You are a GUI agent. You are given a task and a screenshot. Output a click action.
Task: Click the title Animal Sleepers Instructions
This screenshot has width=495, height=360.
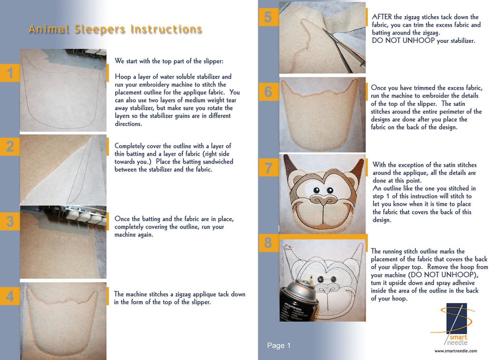coord(115,30)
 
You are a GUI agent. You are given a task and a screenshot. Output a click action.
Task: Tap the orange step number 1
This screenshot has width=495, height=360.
coord(10,73)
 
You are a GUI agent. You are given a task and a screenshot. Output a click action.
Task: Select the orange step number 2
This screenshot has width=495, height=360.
coord(10,146)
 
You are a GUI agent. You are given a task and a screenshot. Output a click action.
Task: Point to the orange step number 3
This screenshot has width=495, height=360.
coord(10,221)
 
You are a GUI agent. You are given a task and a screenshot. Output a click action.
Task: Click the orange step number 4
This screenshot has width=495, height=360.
coord(10,296)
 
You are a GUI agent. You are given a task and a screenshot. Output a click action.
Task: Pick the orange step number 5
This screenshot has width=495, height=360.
coord(268,17)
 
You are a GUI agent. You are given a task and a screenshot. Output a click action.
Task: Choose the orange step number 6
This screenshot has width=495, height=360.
coord(268,92)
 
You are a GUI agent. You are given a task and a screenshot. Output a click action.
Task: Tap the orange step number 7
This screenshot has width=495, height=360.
coord(268,168)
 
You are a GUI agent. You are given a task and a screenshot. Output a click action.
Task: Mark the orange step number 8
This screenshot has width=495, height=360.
coord(268,243)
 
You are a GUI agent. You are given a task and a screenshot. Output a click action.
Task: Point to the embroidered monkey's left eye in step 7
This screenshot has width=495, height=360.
coord(316,190)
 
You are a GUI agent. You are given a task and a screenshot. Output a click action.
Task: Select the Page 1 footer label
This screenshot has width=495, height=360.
coord(279,346)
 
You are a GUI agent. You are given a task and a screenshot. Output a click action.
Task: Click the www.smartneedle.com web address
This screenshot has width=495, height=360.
coord(456,351)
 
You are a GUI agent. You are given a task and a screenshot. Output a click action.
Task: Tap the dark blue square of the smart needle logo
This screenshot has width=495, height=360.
coord(457,318)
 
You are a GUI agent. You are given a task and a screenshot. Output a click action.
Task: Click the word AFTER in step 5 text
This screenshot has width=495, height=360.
coord(382,17)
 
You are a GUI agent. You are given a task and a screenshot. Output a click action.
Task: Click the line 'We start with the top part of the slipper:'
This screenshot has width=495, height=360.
coord(169,61)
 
